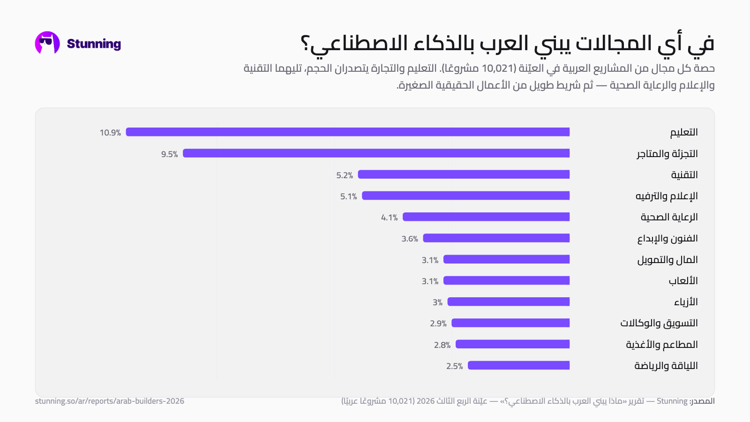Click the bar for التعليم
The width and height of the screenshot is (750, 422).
click(347, 132)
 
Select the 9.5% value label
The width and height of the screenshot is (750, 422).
click(169, 154)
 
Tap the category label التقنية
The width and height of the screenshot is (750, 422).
click(684, 174)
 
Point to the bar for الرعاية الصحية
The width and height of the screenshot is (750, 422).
click(486, 217)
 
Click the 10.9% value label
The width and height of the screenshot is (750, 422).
click(110, 133)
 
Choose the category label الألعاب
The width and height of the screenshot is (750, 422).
click(683, 281)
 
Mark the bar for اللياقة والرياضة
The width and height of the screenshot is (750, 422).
click(518, 365)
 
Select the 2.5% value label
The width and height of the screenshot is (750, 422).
click(454, 366)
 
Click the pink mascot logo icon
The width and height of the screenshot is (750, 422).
click(47, 43)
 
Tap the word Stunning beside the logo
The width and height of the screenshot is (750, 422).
click(94, 44)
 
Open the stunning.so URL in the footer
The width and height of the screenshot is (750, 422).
click(110, 401)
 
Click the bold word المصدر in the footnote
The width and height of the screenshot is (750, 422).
click(703, 401)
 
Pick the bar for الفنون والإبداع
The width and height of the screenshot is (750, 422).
click(496, 238)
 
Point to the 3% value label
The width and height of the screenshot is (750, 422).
click(437, 302)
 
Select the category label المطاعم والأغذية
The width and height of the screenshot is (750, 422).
click(662, 344)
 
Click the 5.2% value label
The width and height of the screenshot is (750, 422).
click(345, 175)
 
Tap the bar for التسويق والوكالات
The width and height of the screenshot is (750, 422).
click(510, 323)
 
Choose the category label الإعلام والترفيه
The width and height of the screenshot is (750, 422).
click(667, 196)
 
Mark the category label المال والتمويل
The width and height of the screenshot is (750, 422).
click(667, 260)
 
